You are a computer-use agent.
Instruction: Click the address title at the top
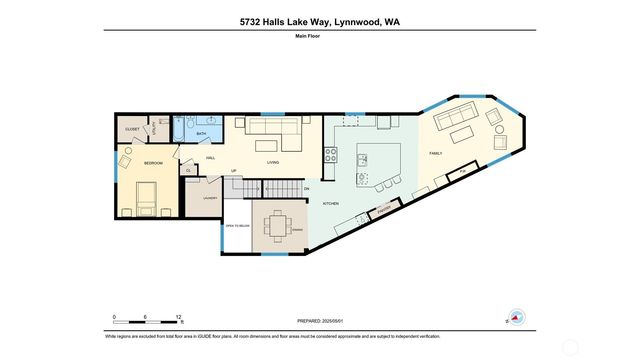coord(319,21)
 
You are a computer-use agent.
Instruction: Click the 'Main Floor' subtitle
coord(319,37)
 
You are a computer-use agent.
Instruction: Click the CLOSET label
coord(132,130)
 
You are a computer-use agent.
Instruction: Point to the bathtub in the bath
coord(181,131)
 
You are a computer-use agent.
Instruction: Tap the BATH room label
coord(201,134)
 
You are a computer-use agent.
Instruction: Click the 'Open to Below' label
coord(235,226)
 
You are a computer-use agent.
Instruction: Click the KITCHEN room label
coord(330,203)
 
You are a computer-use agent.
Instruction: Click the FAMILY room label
coord(436,153)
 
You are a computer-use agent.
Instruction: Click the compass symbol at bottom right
coord(514,317)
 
